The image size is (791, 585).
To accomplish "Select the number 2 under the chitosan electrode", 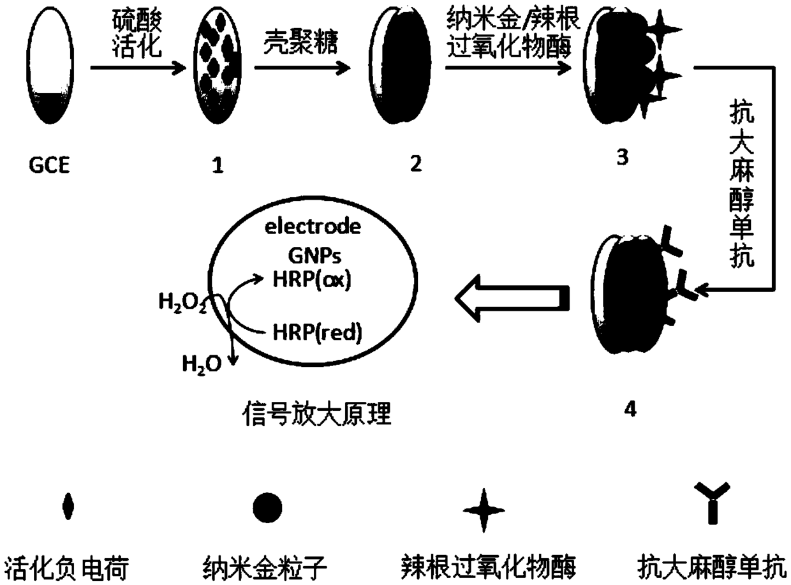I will (x=415, y=164).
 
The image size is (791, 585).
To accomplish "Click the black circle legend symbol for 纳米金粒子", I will (x=268, y=508).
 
